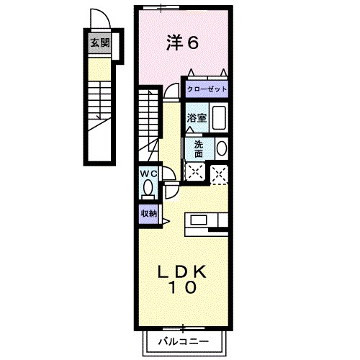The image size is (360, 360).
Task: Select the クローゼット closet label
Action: click(x=207, y=89)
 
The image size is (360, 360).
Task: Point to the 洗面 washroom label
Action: click(x=199, y=148)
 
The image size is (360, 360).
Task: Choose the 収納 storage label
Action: click(x=148, y=213)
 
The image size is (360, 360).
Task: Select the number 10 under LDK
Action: click(x=184, y=287)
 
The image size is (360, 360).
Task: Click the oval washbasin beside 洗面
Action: click(x=221, y=148)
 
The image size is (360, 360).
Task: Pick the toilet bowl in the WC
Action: click(x=148, y=188)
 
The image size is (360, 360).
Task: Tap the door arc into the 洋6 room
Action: click(x=171, y=90)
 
